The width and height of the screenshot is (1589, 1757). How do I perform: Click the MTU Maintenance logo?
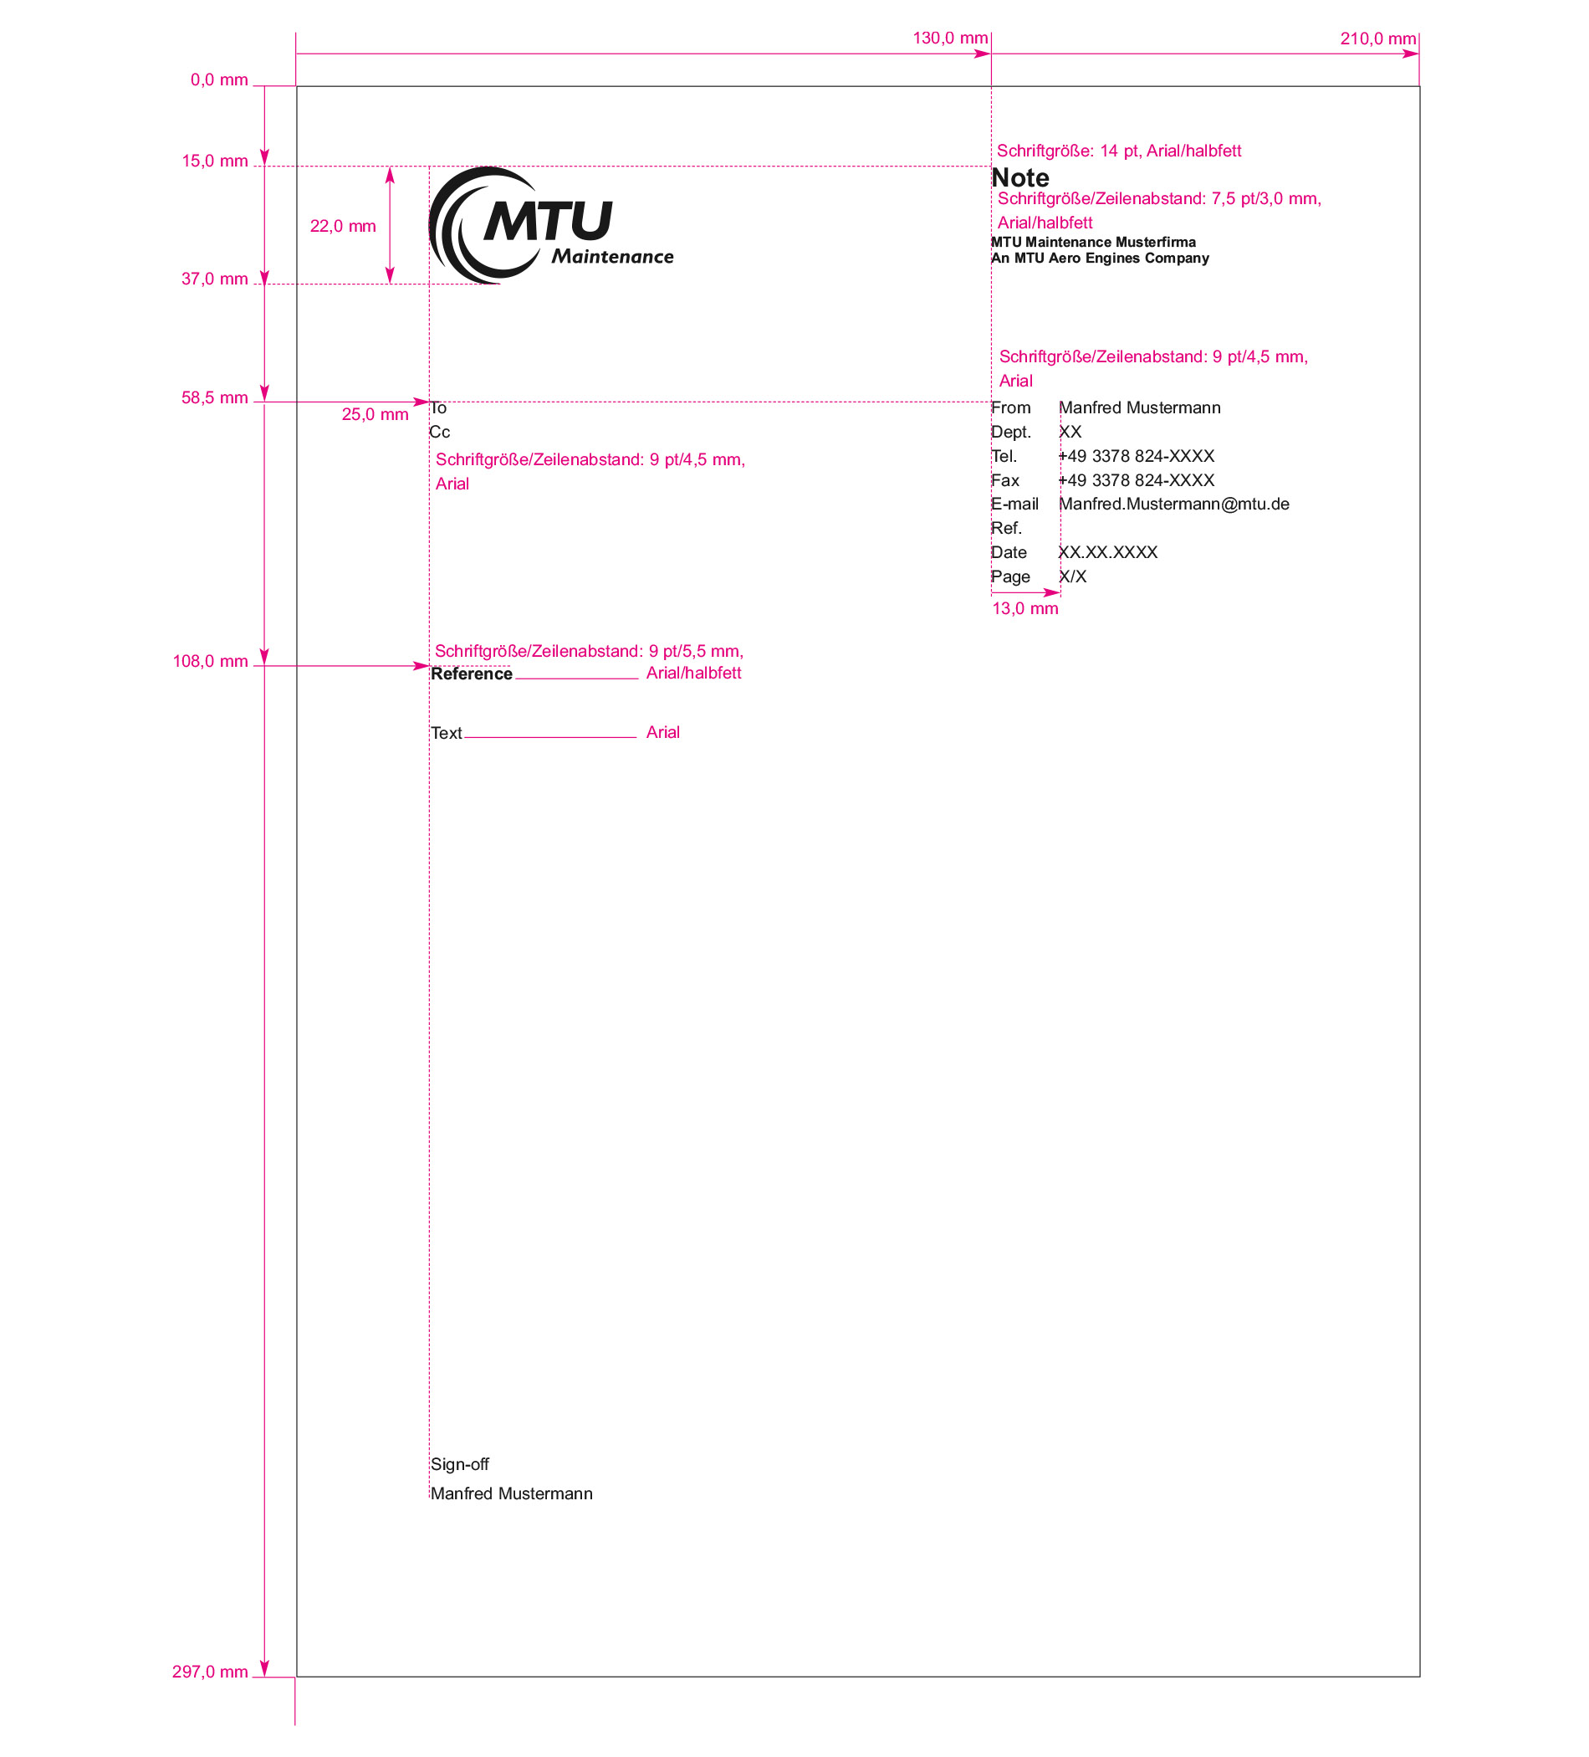[550, 225]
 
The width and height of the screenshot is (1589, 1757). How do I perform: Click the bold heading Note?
[1020, 177]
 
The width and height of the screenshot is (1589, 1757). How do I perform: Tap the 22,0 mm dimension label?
[342, 227]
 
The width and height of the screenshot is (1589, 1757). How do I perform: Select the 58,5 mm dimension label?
[214, 398]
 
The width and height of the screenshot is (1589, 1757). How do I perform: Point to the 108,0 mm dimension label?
[210, 662]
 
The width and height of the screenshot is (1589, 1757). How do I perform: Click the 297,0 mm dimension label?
[210, 1672]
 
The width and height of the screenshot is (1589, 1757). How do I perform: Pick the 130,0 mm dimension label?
[949, 38]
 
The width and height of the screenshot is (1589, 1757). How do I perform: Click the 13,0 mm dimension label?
[1024, 609]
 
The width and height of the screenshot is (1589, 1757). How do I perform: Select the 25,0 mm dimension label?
[375, 415]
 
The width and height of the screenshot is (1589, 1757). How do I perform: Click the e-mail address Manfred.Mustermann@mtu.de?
[1173, 505]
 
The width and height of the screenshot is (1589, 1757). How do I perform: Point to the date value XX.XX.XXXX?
[1107, 552]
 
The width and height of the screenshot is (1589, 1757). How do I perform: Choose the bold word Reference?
[472, 674]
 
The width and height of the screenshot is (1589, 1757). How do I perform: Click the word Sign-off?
[459, 1464]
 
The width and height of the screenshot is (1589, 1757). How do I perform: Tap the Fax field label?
[1004, 480]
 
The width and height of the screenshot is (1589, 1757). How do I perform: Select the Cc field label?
[439, 433]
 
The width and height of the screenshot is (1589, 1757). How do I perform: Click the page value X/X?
[1072, 577]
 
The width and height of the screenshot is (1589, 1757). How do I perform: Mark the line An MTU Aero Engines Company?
[1100, 258]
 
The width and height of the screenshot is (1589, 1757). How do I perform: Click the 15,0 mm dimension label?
[214, 161]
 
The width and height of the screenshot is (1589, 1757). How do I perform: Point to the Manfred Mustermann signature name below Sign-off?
[511, 1493]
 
